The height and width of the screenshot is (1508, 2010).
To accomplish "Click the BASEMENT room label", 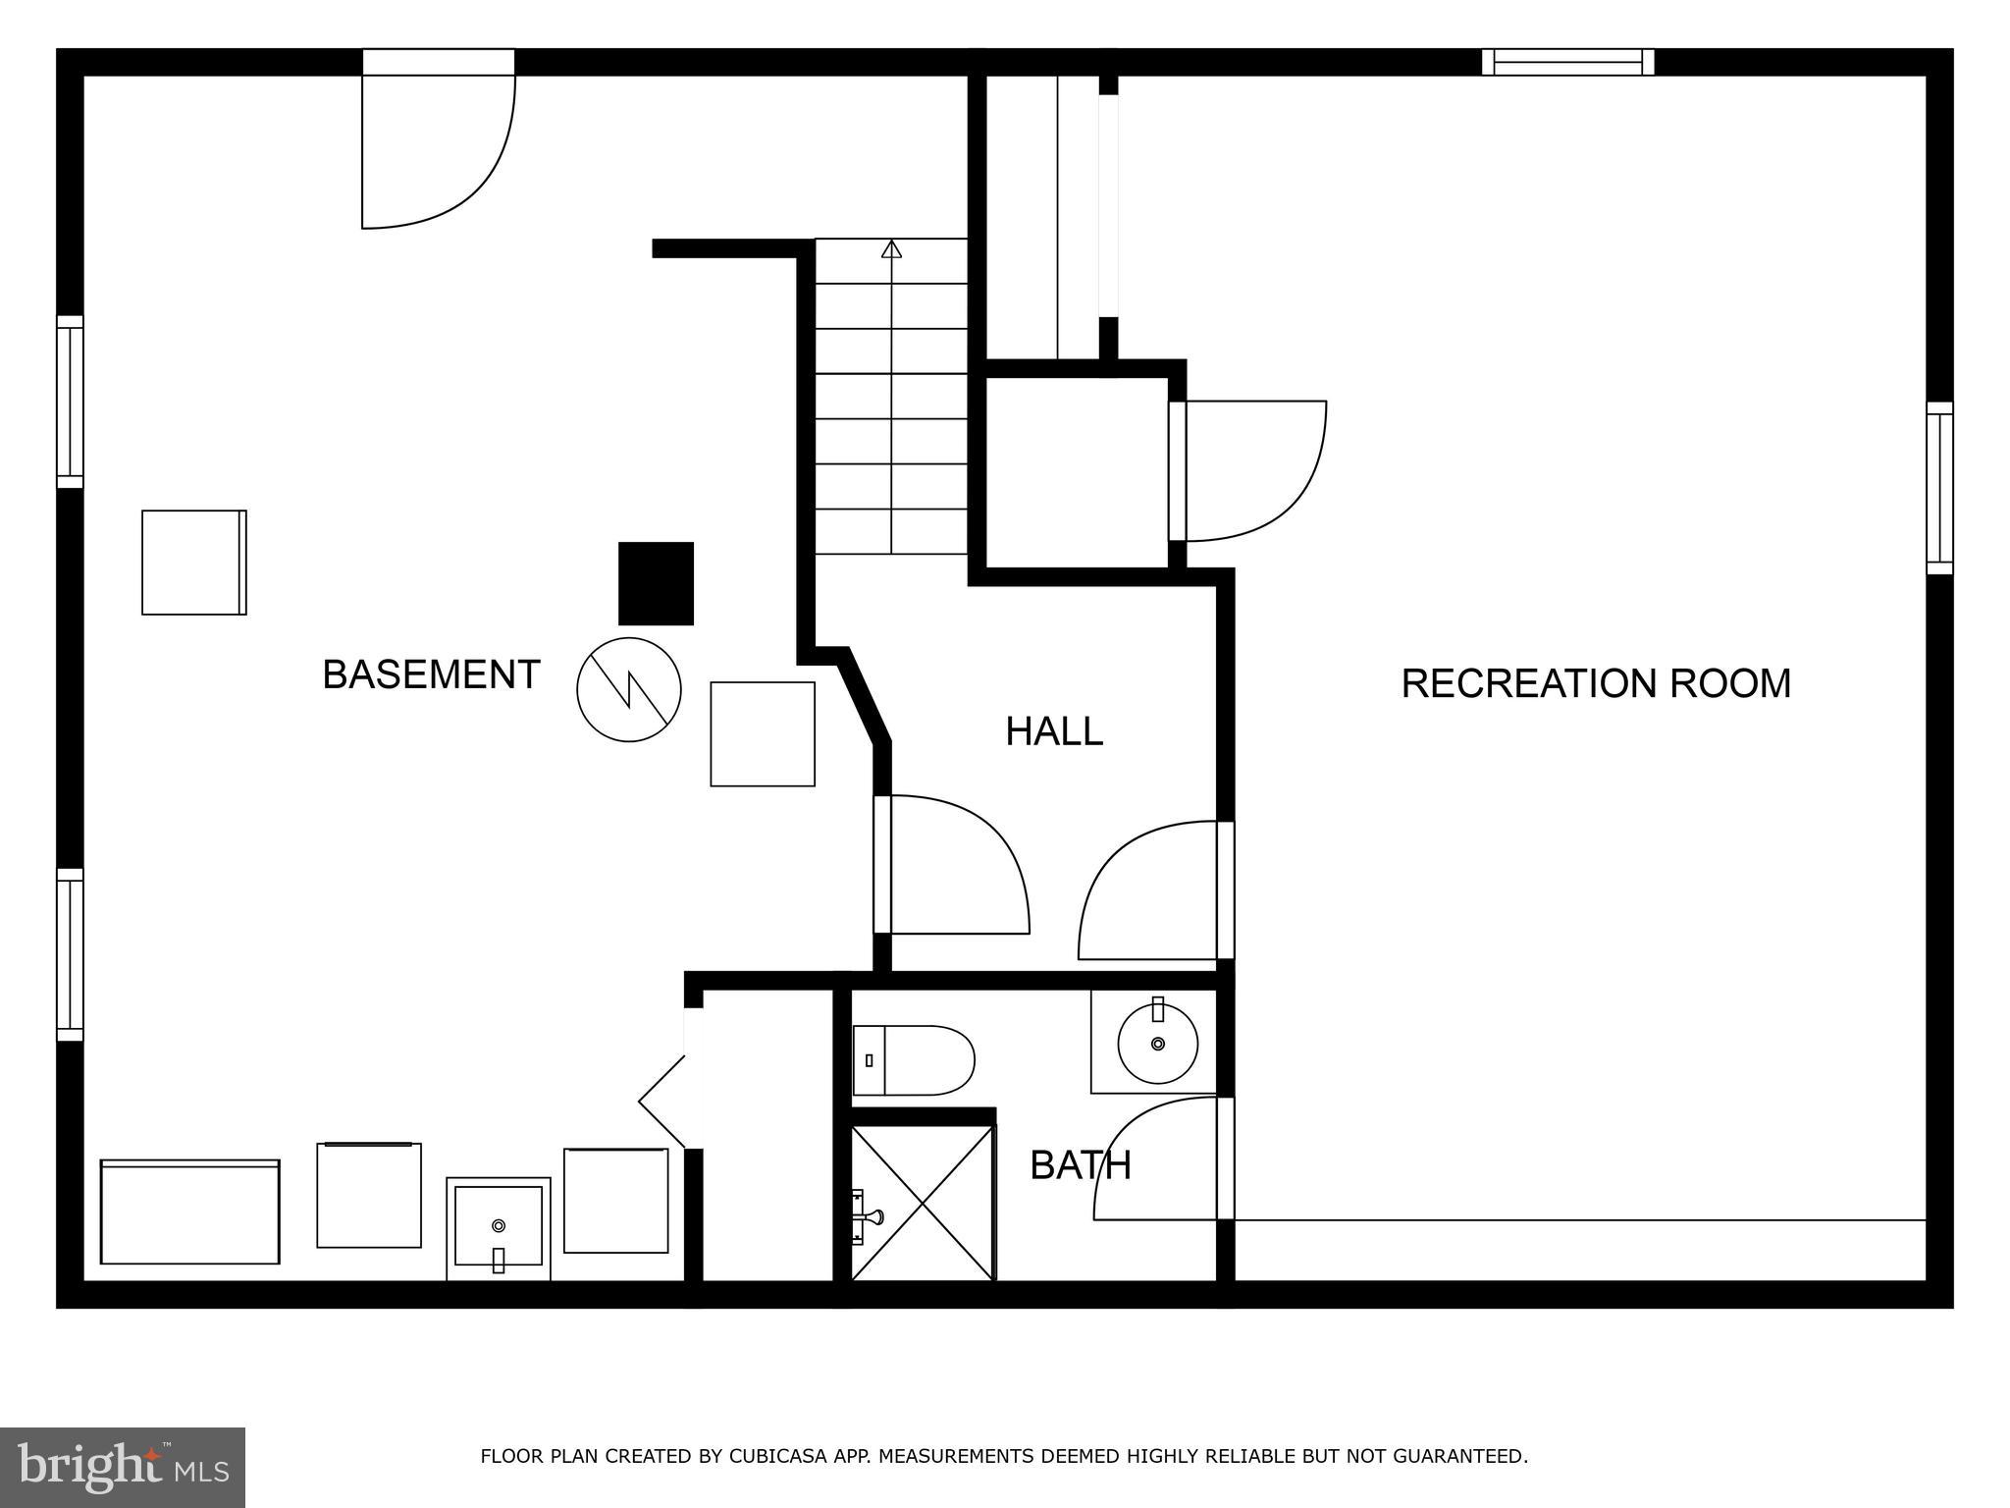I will coord(431,675).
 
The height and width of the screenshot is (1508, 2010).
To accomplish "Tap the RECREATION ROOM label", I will coord(1595,683).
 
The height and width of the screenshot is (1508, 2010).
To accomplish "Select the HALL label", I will coord(1053,731).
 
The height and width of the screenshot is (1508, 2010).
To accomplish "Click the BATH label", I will coord(1080,1165).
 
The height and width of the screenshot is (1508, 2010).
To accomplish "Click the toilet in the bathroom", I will coord(913,1060).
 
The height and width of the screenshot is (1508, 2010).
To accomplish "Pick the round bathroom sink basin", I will coord(1158,1043).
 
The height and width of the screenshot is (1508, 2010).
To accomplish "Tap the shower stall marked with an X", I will coord(923,1204).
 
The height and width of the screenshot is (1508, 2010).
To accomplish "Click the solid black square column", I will coord(656,583).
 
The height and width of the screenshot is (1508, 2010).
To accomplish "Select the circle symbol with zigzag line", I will coord(628,689).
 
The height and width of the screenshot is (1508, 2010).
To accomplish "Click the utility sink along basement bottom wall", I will coord(499,1228).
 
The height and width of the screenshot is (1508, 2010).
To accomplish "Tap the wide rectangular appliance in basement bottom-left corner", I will coord(190,1212).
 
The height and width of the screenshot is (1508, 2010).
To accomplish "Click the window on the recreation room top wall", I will coord(1567,62).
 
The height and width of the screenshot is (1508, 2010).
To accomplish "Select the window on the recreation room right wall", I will coord(1939,488).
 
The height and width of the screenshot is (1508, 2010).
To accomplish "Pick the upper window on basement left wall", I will coord(70,402).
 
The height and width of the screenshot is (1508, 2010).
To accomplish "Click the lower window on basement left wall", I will coord(70,954).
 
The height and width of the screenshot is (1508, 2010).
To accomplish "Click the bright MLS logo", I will coord(122,1467).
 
